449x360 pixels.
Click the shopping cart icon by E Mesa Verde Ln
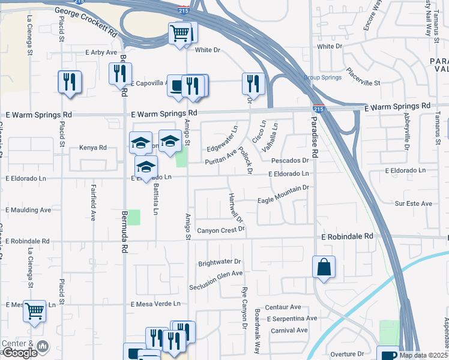(x=35, y=311)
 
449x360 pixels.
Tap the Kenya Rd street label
(x=93, y=148)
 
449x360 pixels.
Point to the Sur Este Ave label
(x=413, y=204)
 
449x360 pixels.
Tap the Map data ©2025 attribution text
(x=423, y=355)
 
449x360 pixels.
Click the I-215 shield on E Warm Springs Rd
(x=318, y=109)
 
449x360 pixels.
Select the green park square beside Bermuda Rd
(x=133, y=217)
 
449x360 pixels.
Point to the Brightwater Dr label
(x=219, y=262)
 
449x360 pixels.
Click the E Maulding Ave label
(x=28, y=210)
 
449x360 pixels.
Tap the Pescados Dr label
(x=289, y=161)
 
